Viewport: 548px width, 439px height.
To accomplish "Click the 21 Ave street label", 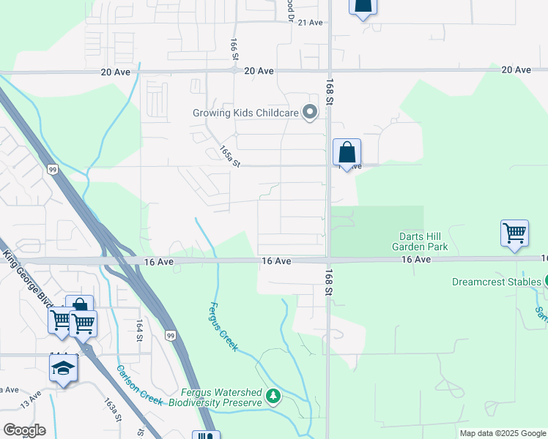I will coord(311,23).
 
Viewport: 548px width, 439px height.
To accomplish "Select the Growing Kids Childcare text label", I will coord(246,113).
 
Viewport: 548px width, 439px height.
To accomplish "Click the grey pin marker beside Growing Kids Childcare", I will coord(310,113).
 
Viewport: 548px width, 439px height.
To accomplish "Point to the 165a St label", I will coord(229,156).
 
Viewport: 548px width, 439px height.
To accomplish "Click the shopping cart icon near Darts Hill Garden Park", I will coord(514,233).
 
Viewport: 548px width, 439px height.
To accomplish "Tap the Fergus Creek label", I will coord(223,327).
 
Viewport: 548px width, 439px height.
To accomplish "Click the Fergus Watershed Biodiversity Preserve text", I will coord(215,397).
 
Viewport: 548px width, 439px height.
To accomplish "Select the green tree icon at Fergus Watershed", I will coord(273,397).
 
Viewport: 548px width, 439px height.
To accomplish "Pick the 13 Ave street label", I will coord(31,399).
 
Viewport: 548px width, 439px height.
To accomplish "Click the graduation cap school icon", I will coord(64,367).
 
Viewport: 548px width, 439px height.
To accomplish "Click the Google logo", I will coord(24,430).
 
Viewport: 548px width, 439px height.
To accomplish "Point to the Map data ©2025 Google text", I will coord(502,433).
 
